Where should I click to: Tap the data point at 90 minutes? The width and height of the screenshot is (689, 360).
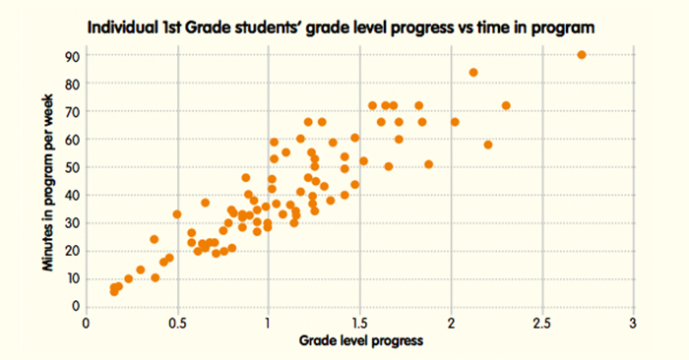point(582,55)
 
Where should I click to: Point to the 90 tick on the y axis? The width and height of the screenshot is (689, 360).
point(72,55)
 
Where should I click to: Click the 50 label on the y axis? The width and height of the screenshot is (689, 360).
point(72,167)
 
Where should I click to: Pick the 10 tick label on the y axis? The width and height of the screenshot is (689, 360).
point(72,279)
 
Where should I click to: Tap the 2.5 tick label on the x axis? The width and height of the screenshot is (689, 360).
point(541,323)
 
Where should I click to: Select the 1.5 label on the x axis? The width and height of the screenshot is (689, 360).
point(359,323)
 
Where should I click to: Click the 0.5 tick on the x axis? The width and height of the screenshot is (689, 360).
point(177,323)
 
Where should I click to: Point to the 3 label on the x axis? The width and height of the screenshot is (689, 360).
point(633,323)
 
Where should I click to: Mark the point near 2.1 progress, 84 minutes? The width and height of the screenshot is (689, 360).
point(473,73)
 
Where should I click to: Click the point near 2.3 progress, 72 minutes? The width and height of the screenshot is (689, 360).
point(506,105)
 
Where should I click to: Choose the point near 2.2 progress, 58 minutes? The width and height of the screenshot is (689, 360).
point(488,145)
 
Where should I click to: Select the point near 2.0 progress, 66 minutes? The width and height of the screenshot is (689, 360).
point(455,122)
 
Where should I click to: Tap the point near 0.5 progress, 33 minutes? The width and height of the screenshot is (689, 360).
point(177,214)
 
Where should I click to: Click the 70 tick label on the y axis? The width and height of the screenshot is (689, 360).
point(72,111)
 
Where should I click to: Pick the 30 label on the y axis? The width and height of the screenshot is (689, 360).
point(72,223)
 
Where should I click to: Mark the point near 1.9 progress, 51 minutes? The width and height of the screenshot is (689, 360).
point(428,164)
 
